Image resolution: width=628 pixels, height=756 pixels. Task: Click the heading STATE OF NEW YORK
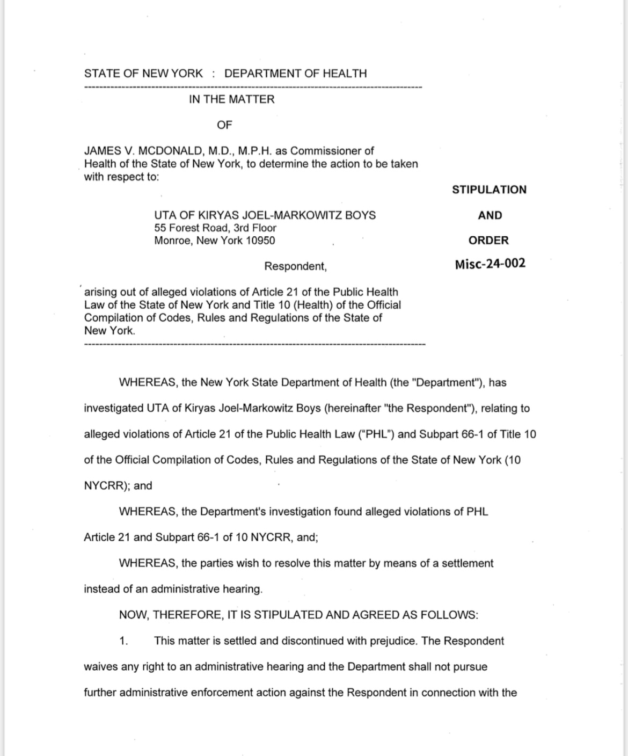point(143,74)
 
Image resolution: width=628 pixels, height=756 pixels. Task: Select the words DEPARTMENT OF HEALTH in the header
point(295,74)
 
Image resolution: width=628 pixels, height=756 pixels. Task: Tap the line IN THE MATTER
point(231,99)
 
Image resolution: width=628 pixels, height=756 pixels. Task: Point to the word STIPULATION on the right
point(489,190)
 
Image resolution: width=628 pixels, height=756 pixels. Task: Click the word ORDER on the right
point(488,241)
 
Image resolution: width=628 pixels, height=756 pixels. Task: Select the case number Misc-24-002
point(490,264)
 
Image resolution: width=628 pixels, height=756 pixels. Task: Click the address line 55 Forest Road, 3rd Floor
point(215,228)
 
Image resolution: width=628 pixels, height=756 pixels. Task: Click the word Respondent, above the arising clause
point(295,266)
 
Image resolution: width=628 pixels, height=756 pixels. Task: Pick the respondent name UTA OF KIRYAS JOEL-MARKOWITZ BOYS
point(265,215)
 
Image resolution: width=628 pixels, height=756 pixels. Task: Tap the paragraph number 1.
point(123,641)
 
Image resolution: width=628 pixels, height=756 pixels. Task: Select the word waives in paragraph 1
point(100,667)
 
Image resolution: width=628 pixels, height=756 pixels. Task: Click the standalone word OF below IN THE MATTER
point(224,125)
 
